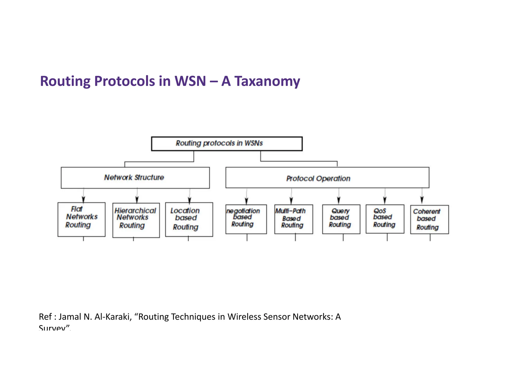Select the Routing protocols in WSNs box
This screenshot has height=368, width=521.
[x=227, y=144]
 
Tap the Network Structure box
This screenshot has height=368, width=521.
[x=135, y=178]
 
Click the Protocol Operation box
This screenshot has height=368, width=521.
[x=327, y=178]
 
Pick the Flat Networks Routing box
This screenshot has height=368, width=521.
[x=81, y=219]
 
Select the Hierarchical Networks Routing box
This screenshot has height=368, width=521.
[x=136, y=220]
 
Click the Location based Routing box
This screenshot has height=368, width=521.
[x=189, y=219]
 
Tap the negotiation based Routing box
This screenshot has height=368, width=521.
[x=246, y=219]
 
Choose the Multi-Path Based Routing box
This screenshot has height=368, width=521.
[x=294, y=219]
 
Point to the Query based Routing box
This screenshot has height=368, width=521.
[x=341, y=219]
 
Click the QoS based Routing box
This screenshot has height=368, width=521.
[x=385, y=219]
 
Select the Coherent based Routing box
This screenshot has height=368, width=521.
[x=429, y=219]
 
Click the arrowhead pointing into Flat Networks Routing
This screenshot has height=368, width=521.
[x=83, y=200]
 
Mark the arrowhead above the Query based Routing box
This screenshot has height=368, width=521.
[x=339, y=200]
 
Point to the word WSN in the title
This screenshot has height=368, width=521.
[x=190, y=81]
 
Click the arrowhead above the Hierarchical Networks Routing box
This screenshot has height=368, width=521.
[x=137, y=200]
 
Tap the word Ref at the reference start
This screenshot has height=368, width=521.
[x=45, y=317]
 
